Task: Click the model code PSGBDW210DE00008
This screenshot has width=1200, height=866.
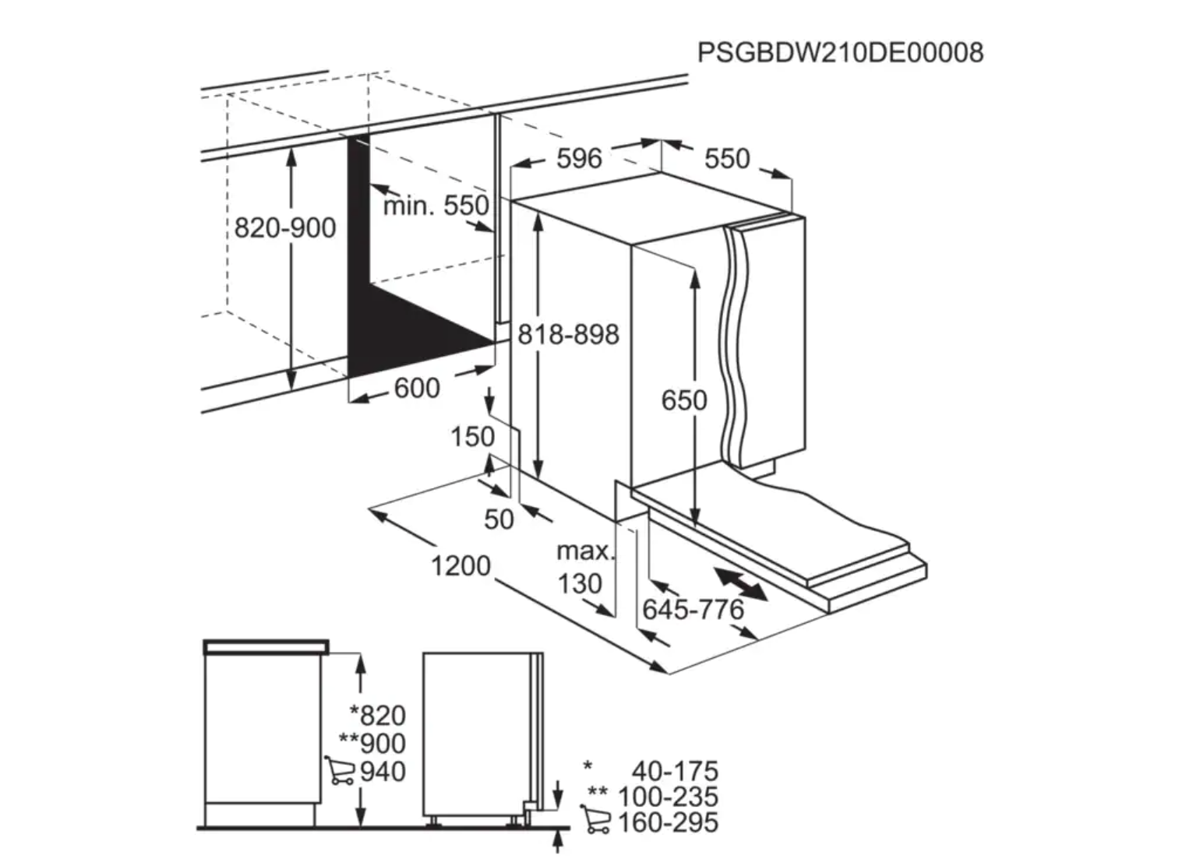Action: click(x=840, y=53)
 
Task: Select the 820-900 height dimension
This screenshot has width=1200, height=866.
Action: click(x=285, y=228)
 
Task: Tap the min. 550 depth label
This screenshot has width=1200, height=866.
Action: click(x=436, y=206)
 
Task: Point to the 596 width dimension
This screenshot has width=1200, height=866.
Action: click(x=579, y=159)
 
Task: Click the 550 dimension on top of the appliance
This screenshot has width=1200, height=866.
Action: click(x=727, y=159)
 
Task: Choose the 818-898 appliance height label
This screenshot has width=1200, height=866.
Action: click(x=569, y=335)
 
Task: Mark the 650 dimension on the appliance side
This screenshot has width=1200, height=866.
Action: click(x=684, y=400)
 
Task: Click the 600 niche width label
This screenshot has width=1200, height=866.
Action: click(x=417, y=388)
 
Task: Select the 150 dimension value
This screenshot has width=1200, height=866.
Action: click(x=472, y=437)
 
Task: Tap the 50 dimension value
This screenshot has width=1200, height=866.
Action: click(x=499, y=519)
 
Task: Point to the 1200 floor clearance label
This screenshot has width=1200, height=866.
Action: click(x=461, y=566)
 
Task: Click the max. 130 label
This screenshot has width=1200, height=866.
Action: click(x=584, y=568)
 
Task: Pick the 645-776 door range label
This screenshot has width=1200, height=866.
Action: click(x=693, y=610)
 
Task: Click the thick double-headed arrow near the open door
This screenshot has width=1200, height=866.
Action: click(x=740, y=584)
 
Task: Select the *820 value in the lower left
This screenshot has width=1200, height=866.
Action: click(x=378, y=715)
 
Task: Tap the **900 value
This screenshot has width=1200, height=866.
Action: click(x=372, y=743)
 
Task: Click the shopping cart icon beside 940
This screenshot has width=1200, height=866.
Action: click(x=341, y=770)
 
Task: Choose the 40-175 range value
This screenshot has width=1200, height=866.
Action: click(x=675, y=771)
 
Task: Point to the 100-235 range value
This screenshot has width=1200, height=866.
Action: click(x=668, y=797)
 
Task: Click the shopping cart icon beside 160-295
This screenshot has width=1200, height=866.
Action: click(x=596, y=821)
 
